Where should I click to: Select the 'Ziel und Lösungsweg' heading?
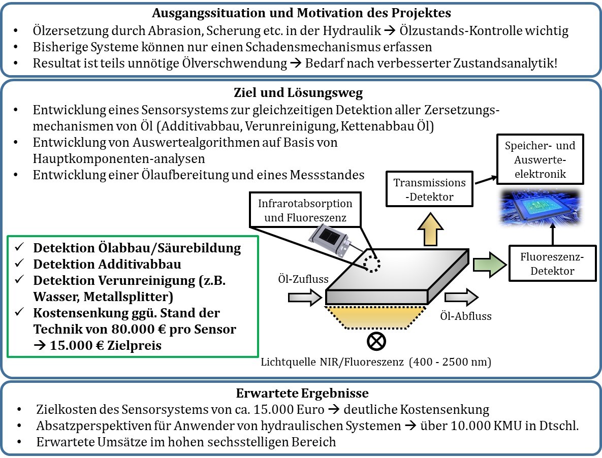[299, 93]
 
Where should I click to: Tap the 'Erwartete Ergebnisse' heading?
[302, 393]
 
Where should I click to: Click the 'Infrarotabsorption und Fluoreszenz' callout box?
[305, 211]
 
